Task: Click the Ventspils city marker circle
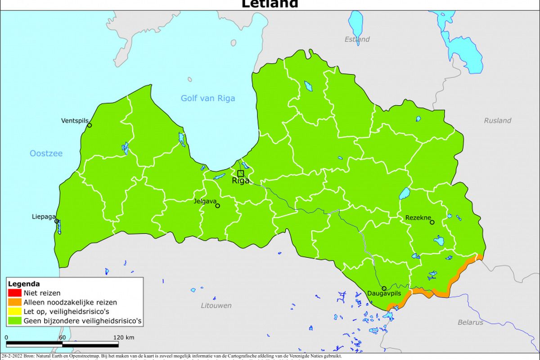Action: pos(89,125)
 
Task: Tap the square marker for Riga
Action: pos(241,173)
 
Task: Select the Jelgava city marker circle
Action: pos(218,206)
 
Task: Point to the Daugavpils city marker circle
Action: pos(384,288)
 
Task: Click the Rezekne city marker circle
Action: pos(432,222)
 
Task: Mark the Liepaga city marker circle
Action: pos(57,221)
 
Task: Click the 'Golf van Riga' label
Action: pos(207,98)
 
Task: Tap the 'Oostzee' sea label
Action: pos(46,153)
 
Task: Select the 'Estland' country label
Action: pos(357,39)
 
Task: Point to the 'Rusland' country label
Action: pos(497,120)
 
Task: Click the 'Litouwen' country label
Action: pos(216,306)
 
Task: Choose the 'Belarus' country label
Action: pos(470,322)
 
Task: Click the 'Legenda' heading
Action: pos(23,284)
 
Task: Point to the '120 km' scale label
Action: pos(123,337)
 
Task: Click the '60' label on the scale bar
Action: pos(62,337)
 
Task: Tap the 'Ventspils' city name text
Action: pos(75,121)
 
